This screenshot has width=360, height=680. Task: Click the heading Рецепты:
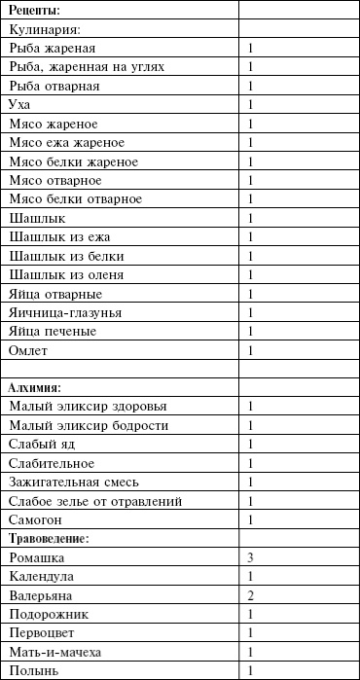click(34, 10)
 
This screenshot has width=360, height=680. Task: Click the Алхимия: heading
click(35, 387)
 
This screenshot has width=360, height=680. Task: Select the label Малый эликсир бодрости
click(89, 425)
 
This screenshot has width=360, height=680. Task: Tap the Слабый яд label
click(41, 445)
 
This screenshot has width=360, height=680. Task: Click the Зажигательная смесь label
click(75, 482)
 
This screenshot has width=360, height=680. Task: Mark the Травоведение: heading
click(51, 538)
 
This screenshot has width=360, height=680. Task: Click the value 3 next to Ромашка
click(251, 557)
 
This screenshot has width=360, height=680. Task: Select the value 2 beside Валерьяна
click(251, 595)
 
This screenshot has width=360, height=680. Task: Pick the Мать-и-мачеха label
click(54, 652)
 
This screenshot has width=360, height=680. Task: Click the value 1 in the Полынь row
click(251, 671)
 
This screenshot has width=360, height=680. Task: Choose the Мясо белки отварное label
click(74, 199)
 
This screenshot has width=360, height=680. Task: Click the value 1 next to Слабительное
click(251, 463)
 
